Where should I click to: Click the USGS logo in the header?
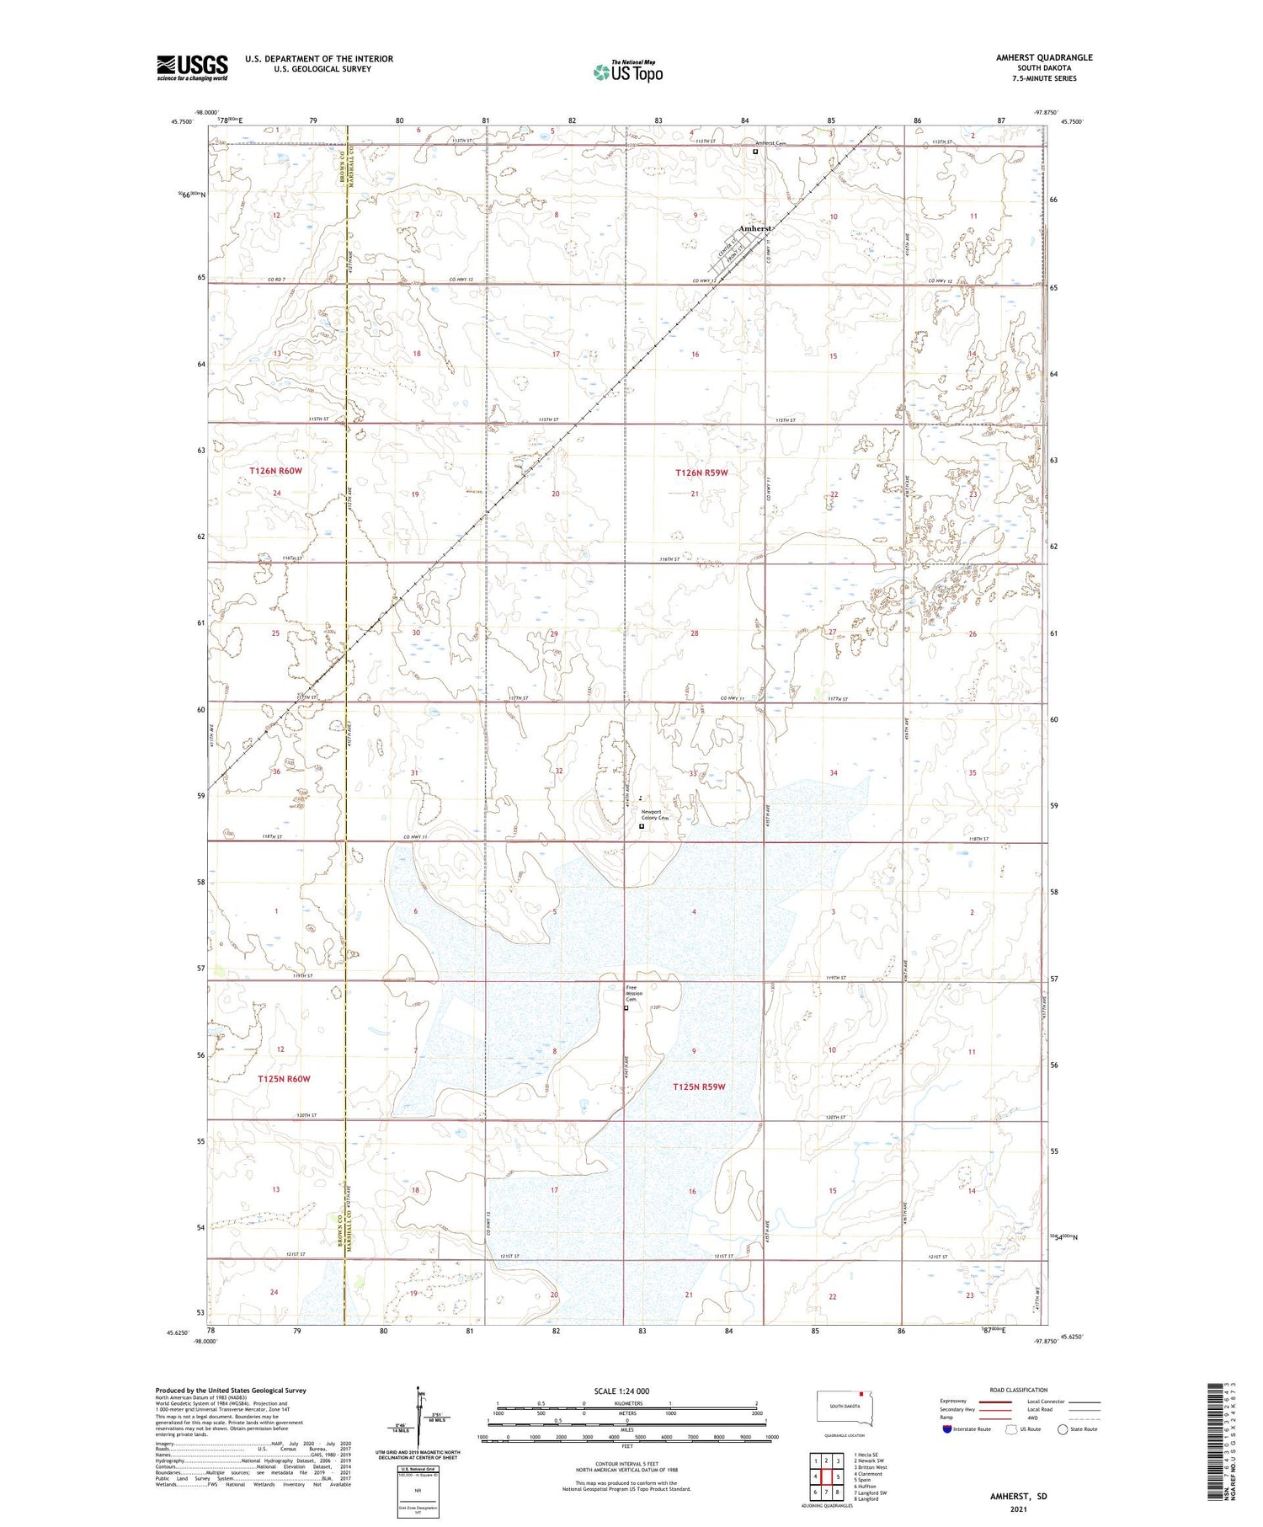pos(192,67)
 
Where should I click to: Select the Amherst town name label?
pos(754,229)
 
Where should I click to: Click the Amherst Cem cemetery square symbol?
pos(755,152)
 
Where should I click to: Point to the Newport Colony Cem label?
pos(654,814)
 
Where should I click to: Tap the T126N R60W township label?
pos(275,471)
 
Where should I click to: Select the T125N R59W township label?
pos(699,1087)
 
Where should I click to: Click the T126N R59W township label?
pos(701,473)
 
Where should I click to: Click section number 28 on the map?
pos(695,633)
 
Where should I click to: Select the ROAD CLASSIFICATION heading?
pos(1019,1390)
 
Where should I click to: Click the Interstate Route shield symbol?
pos(947,1429)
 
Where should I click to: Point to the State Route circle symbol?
pos(1063,1429)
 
